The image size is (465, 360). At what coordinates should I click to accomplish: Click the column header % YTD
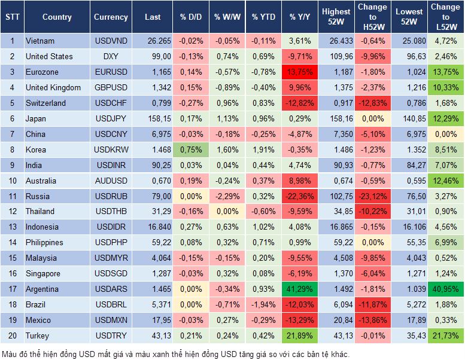point(263,17)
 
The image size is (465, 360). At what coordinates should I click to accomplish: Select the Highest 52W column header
point(336,17)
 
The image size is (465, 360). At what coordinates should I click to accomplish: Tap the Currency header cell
point(111,17)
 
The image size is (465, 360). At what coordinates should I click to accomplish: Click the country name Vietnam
point(40,41)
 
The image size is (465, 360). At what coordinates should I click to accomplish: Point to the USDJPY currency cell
point(111,118)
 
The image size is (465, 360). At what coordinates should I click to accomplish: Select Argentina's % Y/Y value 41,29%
point(301,289)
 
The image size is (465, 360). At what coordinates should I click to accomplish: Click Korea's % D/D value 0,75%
point(190,150)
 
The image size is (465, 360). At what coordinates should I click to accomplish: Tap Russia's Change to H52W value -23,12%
point(373,196)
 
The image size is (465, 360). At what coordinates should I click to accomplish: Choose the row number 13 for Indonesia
point(11,227)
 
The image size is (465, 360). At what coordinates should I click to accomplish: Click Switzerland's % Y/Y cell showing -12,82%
point(301,103)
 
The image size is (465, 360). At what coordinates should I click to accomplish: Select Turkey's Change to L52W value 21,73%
point(446,335)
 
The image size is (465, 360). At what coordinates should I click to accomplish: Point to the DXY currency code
point(111,57)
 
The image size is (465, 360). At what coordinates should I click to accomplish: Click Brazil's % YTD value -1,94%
point(263,304)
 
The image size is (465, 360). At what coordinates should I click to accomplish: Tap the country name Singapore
point(43,273)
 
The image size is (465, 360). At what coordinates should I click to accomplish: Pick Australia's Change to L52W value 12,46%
point(446,181)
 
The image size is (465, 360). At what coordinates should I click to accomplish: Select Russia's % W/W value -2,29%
point(227,196)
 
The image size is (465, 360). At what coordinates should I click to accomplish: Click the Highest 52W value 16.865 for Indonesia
point(336,227)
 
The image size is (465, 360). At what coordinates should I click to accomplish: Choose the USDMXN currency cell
point(111,320)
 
